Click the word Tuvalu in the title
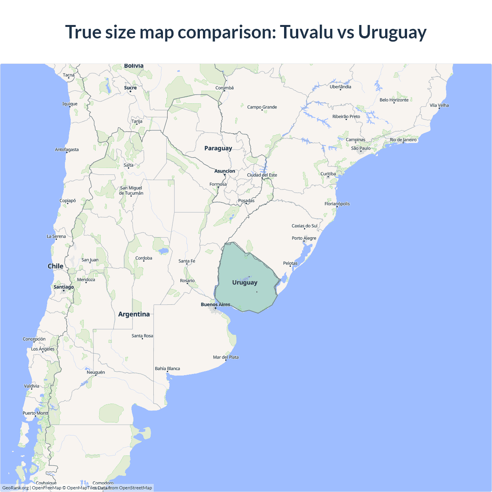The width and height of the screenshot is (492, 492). [306, 32]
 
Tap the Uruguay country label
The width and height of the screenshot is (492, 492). [245, 283]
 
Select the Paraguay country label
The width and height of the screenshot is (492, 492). [218, 148]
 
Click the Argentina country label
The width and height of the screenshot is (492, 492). [134, 314]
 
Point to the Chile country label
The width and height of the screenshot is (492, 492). [55, 266]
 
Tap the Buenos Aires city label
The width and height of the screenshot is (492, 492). [215, 304]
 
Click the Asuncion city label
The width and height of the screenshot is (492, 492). [224, 171]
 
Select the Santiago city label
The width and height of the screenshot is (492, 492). [63, 287]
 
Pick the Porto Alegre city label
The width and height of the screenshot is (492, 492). [304, 238]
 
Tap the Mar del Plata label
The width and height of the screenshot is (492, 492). [226, 357]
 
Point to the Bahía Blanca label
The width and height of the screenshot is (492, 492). [167, 369]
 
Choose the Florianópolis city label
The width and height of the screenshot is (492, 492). [337, 204]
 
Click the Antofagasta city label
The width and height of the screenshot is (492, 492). [66, 150]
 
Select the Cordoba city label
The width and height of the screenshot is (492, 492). [144, 258]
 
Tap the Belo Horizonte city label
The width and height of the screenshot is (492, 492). [394, 100]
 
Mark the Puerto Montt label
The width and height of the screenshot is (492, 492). [36, 413]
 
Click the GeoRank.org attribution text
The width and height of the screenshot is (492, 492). [15, 488]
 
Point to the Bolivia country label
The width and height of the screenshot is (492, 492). [134, 66]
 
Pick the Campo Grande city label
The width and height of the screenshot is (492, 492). [262, 107]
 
